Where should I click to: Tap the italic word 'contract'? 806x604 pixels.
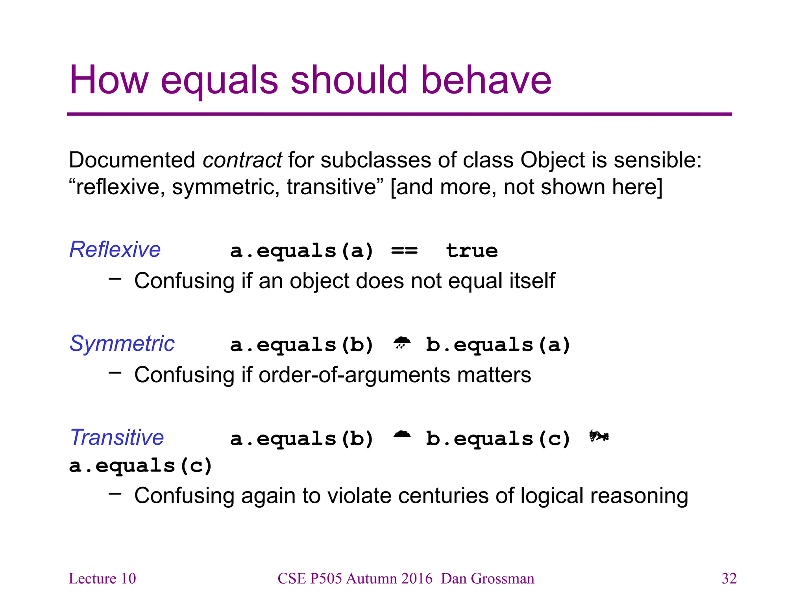[x=242, y=160]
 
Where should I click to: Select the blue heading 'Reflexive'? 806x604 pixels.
[x=115, y=249]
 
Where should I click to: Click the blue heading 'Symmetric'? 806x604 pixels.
[x=122, y=343]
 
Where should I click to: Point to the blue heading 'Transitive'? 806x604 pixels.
[x=117, y=437]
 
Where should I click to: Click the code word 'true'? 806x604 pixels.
[x=472, y=251]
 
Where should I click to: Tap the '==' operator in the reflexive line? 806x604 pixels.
[x=404, y=251]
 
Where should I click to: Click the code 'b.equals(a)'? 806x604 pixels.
[x=498, y=345]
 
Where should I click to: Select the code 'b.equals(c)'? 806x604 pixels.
[x=498, y=439]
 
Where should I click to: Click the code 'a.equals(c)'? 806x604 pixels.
[x=140, y=466]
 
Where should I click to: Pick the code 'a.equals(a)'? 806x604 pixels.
[x=301, y=251]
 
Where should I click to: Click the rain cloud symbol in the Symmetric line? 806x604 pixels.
[x=402, y=343]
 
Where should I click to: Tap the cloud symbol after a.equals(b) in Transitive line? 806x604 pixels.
[x=402, y=435]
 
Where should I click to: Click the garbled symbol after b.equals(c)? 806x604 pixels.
[x=599, y=436]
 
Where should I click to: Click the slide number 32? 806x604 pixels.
[x=729, y=578]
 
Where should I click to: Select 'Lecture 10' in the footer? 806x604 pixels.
[x=102, y=578]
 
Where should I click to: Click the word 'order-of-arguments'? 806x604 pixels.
[x=355, y=375]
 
